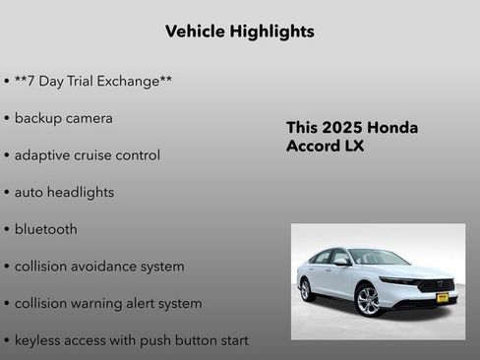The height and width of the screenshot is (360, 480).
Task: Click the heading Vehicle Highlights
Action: point(240,31)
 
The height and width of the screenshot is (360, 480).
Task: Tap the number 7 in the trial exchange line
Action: point(35,81)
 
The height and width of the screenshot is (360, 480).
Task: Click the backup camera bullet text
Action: point(63,118)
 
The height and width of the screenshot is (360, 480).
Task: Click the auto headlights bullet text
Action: point(64,193)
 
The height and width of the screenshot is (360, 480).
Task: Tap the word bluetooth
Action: point(45,229)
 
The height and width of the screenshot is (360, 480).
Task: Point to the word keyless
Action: point(39,340)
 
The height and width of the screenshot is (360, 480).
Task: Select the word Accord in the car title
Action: point(314,148)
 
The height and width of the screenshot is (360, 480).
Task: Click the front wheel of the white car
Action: point(368,300)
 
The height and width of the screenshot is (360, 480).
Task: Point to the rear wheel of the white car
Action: point(306,290)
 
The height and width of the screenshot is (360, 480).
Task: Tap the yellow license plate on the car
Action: point(442,296)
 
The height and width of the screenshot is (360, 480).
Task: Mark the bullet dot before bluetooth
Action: point(7,230)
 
